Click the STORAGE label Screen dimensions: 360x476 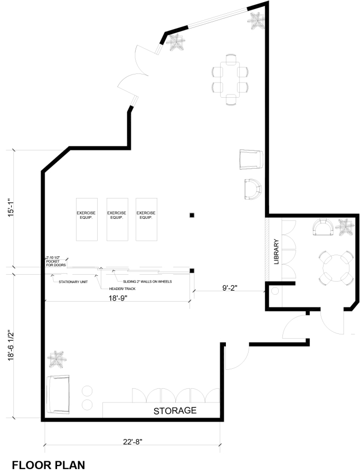pos(175,410)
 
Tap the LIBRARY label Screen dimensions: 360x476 pos(276,251)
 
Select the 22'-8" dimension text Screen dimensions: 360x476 pos(133,442)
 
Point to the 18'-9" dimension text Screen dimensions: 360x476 pos(118,298)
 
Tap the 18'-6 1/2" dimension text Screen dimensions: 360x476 pos(11,345)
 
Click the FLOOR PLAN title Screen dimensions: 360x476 pos(49,465)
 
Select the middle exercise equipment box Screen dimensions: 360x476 pos(117,219)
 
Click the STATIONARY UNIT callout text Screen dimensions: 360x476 pos(73,282)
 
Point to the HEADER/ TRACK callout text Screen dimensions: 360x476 pos(122,288)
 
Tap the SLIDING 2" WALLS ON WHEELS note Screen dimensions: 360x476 pos(147,282)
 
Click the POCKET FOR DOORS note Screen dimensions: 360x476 pos(56,263)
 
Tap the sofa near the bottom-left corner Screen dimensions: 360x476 pos(58,394)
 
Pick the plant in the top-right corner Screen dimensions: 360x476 pos(257,21)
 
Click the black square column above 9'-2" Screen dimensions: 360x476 pos(192,271)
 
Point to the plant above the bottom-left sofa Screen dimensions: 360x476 pos(56,360)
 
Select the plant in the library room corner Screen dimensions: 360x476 pos(346,227)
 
